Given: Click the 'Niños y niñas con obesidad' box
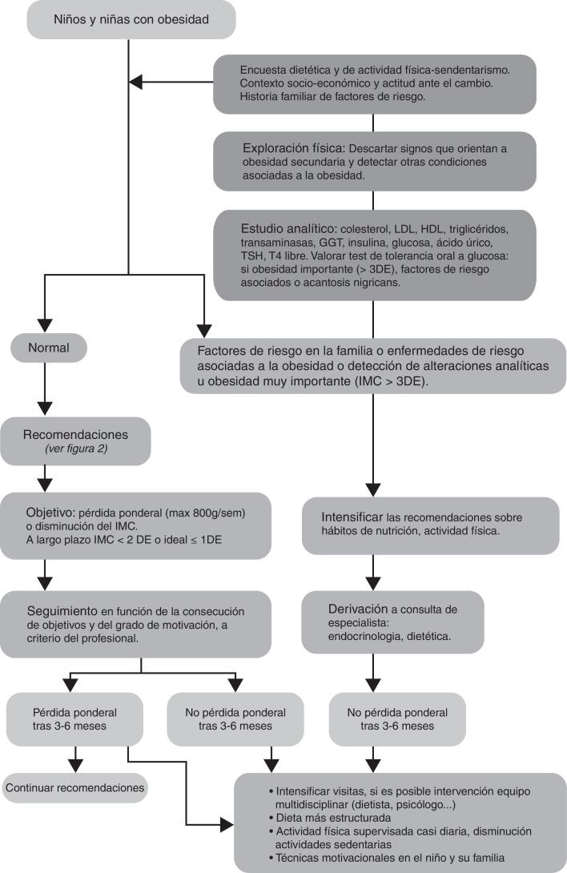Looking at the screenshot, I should tap(131, 19).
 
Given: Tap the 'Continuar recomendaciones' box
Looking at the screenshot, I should tap(75, 788).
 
